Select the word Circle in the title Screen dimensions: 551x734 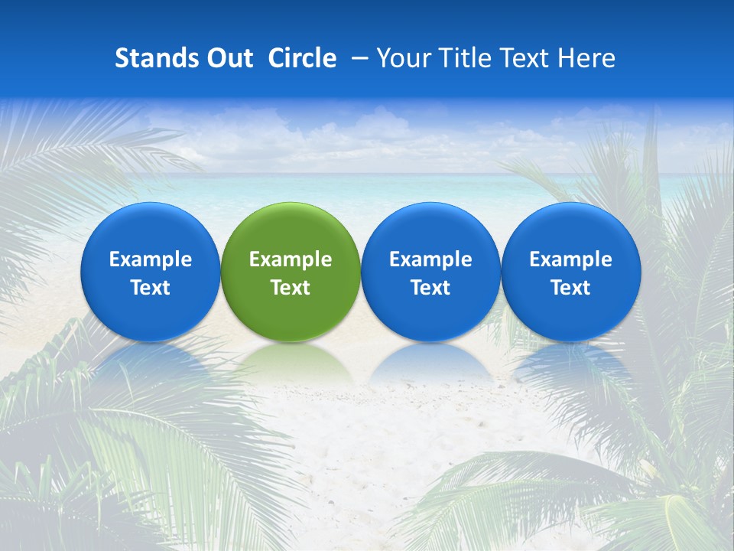302,58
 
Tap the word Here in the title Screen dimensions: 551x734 586,58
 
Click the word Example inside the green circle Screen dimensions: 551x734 291,259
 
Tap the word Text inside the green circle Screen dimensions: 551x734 291,288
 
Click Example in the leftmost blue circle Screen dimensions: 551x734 150,259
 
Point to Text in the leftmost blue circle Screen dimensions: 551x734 150,288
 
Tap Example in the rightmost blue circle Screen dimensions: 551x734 570,259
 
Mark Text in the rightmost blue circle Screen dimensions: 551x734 570,288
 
